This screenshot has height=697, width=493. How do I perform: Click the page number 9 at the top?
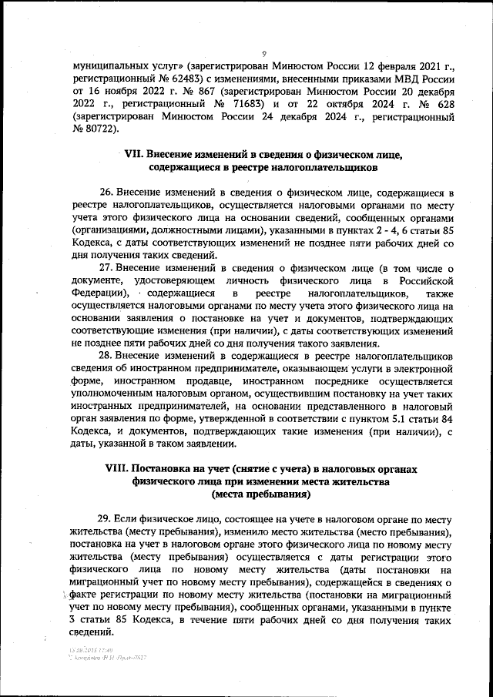click(x=263, y=54)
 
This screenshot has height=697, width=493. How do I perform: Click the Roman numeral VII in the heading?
click(x=133, y=153)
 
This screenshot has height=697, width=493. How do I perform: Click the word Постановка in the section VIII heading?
click(x=166, y=468)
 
